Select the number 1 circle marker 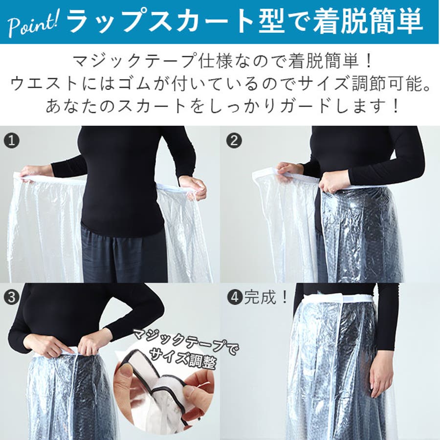click(x=12, y=141)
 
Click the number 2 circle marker click(x=234, y=141)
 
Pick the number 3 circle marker click(x=12, y=297)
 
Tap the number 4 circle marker click(x=235, y=297)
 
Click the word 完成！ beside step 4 click(x=266, y=297)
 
